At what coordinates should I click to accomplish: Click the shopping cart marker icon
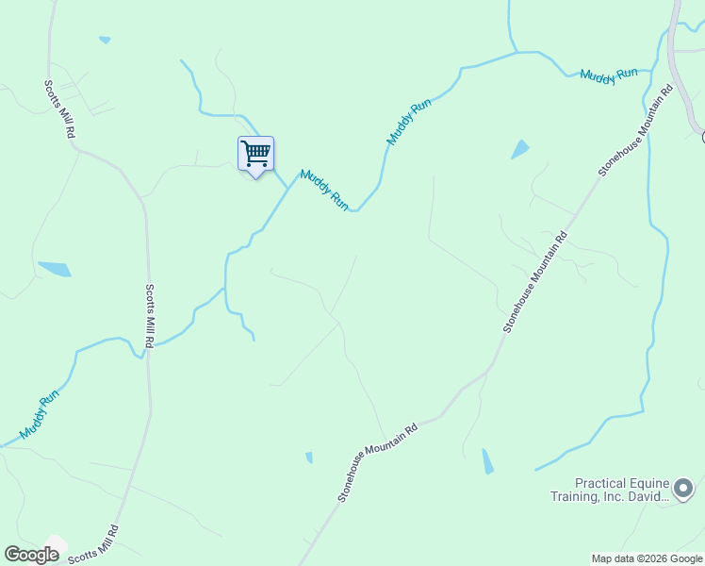[255, 153]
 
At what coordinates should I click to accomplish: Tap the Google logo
[31, 555]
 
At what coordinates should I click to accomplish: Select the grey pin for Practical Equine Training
[682, 488]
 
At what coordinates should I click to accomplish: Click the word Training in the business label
[574, 496]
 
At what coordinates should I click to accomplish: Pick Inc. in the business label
[612, 496]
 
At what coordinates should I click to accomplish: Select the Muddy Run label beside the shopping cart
[324, 190]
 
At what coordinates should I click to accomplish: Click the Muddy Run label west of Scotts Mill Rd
[40, 413]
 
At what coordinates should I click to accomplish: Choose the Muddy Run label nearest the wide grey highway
[609, 75]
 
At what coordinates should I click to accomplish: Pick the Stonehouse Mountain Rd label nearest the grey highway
[634, 130]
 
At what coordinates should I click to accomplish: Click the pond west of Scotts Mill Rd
[54, 269]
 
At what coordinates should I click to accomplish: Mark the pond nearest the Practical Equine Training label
[486, 461]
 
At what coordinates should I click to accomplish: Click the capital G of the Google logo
[12, 555]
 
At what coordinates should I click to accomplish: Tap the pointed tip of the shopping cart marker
[255, 176]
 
